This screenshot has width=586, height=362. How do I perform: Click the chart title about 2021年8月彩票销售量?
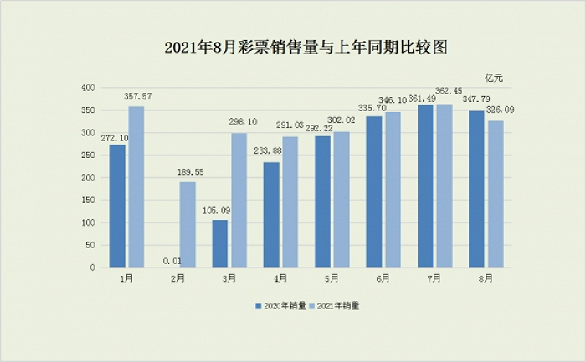point(293,48)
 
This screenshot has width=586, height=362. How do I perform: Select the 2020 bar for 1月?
point(117,206)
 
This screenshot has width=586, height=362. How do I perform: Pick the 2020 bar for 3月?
point(219,244)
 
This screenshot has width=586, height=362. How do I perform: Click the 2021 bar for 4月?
point(290,201)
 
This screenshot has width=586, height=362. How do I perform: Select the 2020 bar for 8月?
point(475,189)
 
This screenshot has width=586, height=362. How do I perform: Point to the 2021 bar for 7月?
point(444,186)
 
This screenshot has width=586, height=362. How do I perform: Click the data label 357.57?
point(136,97)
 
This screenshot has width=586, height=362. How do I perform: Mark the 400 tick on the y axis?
point(86,88)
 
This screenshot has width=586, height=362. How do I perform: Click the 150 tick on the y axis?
point(86,201)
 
